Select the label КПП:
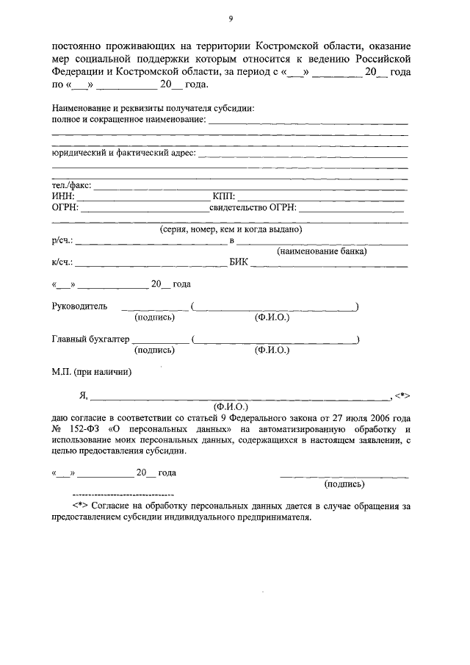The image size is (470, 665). click(x=223, y=197)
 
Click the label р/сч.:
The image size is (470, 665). click(x=62, y=240)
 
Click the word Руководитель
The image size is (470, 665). click(x=79, y=306)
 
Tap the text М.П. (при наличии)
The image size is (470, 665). click(x=91, y=372)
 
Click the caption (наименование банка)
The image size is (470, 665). click(x=322, y=251)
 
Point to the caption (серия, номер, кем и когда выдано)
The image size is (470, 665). click(x=231, y=229)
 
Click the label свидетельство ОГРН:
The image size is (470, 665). click(x=253, y=208)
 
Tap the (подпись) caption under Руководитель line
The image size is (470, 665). click(x=154, y=317)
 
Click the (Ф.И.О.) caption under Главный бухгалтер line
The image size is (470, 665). click(x=272, y=351)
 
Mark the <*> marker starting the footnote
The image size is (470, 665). click(x=80, y=506)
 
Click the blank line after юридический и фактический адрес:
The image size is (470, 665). click(x=302, y=154)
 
